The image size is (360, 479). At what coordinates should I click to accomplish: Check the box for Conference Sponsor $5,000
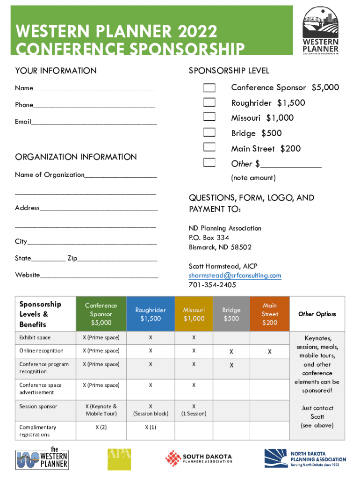209,88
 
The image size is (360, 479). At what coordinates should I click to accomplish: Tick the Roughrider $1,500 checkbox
209,103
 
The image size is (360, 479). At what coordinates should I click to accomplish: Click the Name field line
94,88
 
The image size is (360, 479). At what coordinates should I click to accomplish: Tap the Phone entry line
94,105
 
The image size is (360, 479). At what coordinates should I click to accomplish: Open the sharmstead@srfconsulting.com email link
235,276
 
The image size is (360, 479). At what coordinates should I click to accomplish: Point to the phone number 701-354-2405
212,285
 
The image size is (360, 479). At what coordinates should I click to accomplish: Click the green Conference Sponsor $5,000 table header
101,314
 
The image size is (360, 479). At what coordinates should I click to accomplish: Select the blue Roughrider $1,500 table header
150,314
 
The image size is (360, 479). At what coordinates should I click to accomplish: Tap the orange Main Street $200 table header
270,314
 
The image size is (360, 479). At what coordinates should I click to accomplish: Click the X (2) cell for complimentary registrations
101,428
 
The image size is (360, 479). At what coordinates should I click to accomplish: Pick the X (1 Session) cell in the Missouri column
194,410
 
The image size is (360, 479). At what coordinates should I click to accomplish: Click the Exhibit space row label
35,338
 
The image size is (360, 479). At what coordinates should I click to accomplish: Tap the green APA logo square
119,459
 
